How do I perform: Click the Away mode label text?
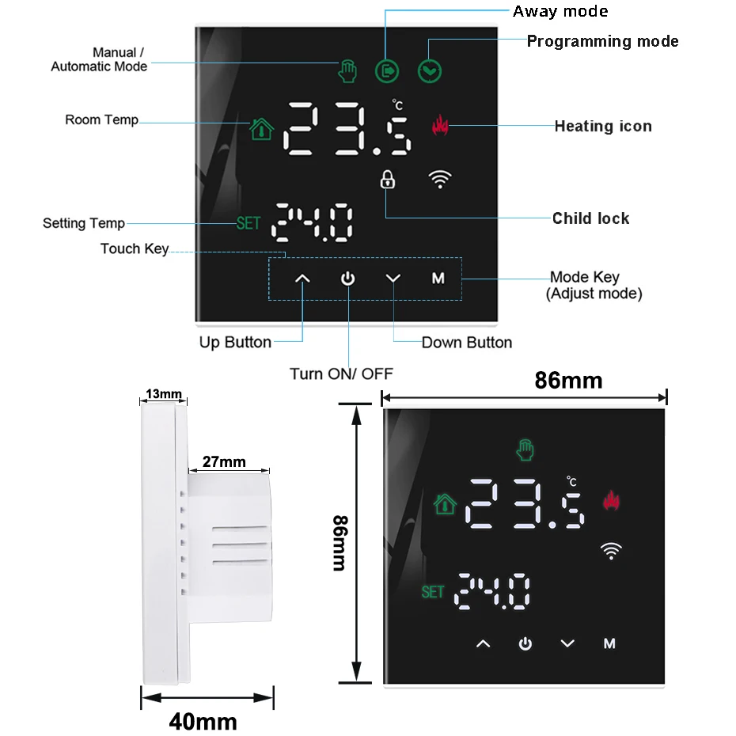pos(560,11)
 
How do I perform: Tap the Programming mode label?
pos(602,41)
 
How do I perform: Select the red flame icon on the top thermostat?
pos(440,125)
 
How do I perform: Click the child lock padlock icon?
pos(387,179)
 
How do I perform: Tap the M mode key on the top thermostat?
pos(438,279)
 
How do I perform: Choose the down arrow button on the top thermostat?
pos(393,279)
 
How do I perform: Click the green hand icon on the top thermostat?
pos(346,70)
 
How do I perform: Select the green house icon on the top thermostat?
pos(260,129)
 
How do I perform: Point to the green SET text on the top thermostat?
pos(248,223)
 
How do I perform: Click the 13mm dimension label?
pos(164,394)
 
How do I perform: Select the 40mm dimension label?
pos(203,721)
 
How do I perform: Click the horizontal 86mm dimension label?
pos(568,381)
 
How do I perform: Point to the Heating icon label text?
pos(603,126)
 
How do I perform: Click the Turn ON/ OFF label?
pos(341,374)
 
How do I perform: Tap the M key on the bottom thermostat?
pos(609,643)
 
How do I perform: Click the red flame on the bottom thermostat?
pos(610,501)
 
